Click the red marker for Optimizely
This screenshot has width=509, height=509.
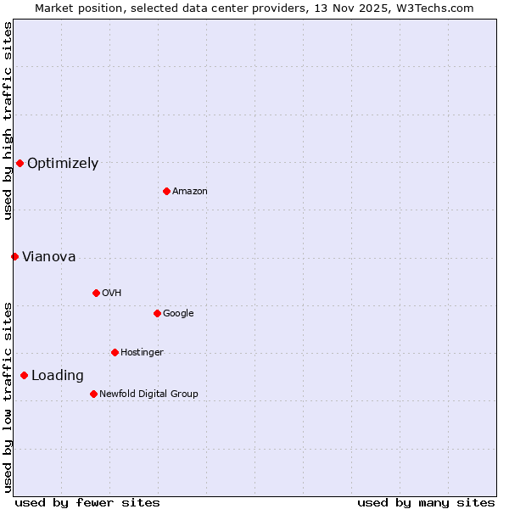(20, 163)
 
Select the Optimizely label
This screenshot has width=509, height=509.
(63, 164)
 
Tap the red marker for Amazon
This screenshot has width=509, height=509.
(166, 191)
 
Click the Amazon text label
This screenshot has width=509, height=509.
(189, 192)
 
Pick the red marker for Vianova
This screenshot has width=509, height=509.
(14, 256)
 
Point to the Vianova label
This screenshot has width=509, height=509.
(48, 257)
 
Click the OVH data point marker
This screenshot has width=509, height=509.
(96, 293)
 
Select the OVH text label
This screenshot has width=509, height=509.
(111, 294)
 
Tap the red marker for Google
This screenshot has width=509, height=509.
(157, 313)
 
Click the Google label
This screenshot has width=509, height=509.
(178, 314)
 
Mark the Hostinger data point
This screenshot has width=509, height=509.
(115, 352)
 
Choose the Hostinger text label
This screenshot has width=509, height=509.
(142, 353)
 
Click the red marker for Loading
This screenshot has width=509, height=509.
(24, 375)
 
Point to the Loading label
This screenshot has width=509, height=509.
(58, 376)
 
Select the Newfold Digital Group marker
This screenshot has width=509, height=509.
(93, 394)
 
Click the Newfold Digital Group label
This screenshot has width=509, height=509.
(148, 394)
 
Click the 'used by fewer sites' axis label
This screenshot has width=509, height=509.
(87, 502)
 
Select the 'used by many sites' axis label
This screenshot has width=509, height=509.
(426, 502)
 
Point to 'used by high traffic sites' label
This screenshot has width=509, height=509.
(8, 120)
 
